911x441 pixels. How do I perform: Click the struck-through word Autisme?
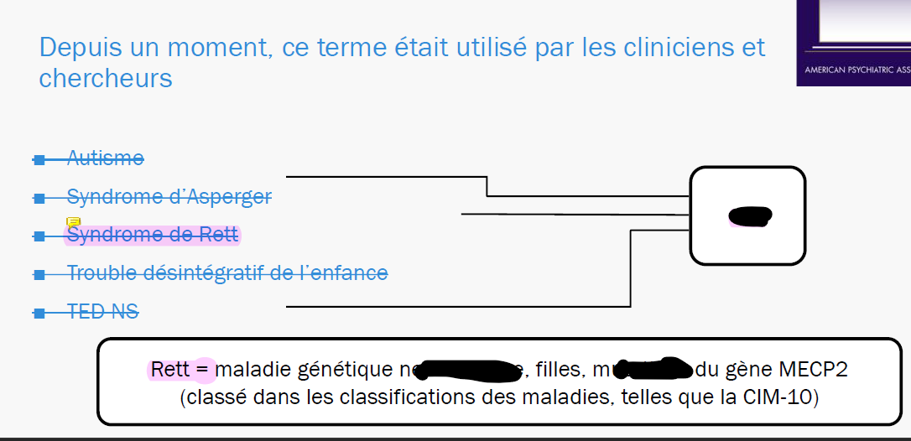pyautogui.click(x=105, y=158)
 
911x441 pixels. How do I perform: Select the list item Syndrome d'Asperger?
pyautogui.click(x=169, y=197)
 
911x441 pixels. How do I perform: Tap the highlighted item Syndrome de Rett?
pyautogui.click(x=152, y=235)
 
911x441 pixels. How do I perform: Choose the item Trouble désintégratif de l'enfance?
pyautogui.click(x=226, y=272)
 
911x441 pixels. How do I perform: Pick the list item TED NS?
pyautogui.click(x=102, y=312)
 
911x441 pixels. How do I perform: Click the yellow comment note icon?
pyautogui.click(x=73, y=222)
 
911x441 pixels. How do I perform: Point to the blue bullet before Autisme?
pyautogui.click(x=39, y=158)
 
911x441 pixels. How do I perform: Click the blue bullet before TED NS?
pyautogui.click(x=39, y=313)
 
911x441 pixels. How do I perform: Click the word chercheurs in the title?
pyautogui.click(x=106, y=78)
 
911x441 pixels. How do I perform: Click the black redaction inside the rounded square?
pyautogui.click(x=749, y=215)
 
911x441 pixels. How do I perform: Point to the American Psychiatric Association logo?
pyautogui.click(x=854, y=42)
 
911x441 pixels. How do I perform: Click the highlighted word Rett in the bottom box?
pyautogui.click(x=171, y=369)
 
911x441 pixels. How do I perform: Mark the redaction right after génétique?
pyautogui.click(x=465, y=370)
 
